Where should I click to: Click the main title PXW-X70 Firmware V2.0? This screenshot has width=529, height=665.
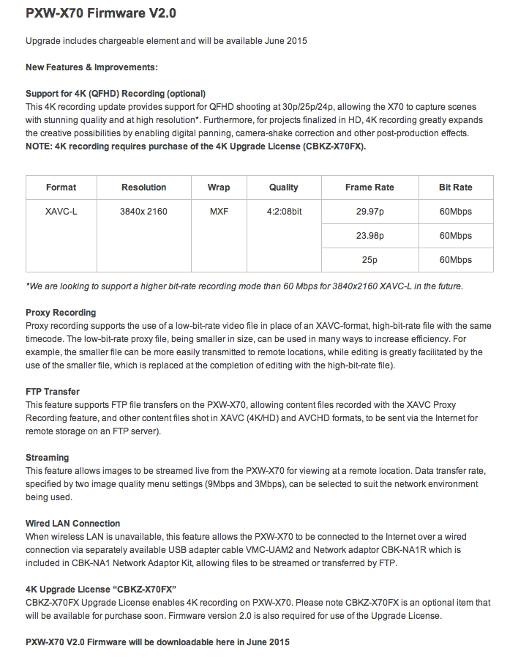[x=101, y=13]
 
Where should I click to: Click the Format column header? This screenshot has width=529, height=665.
[x=61, y=187]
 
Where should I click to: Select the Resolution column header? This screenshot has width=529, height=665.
[x=143, y=187]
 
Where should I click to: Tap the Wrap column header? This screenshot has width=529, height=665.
[x=218, y=187]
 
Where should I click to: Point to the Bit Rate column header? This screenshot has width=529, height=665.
[x=455, y=187]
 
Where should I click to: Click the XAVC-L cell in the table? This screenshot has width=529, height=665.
[x=61, y=212]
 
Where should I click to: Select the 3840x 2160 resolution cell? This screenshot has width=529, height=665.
[x=143, y=212]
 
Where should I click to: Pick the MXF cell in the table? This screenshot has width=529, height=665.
[x=218, y=212]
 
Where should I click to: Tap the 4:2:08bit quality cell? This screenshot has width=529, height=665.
[x=283, y=212]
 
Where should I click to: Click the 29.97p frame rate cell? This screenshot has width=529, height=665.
[x=369, y=212]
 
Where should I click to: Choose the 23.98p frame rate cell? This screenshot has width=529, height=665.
[x=369, y=236]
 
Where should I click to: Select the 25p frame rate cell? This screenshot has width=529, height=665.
[x=369, y=260]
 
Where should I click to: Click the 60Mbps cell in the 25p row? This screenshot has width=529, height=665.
[x=455, y=260]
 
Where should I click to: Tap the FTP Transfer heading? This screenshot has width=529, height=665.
[x=53, y=392]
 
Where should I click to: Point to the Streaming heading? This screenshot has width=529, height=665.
[x=47, y=458]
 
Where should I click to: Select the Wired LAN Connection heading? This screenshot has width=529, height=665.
[x=72, y=524]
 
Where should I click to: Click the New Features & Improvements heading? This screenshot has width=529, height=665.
[x=92, y=67]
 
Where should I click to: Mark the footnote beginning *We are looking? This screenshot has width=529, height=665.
[x=244, y=286]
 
